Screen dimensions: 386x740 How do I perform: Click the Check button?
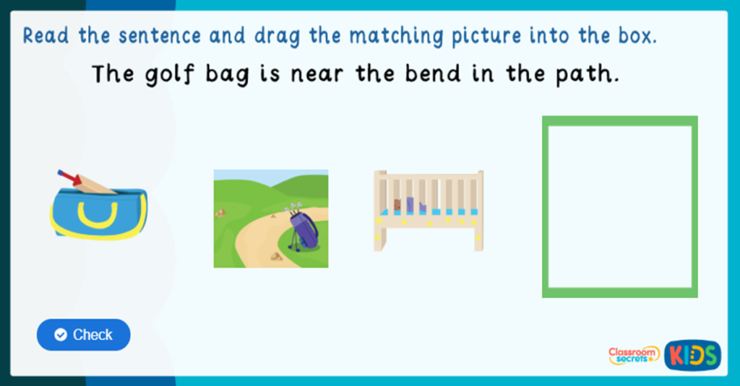(83, 335)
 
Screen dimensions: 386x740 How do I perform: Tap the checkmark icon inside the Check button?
(61, 335)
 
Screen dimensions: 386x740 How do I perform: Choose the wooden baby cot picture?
(428, 211)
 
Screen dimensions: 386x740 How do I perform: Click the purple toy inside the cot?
(410, 205)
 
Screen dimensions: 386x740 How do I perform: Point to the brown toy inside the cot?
(397, 205)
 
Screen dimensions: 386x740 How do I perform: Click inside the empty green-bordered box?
(619, 206)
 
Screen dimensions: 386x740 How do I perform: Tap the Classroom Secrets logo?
(634, 354)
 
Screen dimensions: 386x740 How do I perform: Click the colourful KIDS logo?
(692, 354)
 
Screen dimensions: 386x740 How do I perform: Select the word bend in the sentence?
(415, 74)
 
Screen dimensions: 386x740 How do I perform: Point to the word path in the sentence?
(588, 74)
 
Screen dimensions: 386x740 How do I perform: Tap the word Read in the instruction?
(48, 36)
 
